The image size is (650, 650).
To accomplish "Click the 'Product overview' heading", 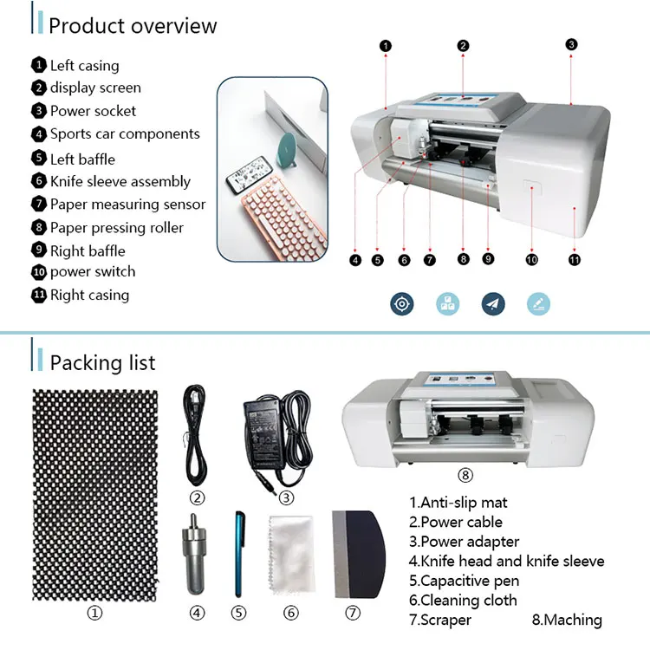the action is [133, 26].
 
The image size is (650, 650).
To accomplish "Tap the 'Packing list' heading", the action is [102, 363].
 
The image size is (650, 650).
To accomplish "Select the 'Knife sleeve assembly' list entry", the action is [120, 182].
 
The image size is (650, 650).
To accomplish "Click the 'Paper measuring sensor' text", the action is [127, 205].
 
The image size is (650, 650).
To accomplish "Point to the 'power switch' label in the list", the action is [93, 272].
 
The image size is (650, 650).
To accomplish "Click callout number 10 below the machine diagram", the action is [531, 260].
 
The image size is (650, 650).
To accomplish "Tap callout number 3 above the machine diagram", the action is [571, 44].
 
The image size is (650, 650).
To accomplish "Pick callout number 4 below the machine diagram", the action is [355, 260].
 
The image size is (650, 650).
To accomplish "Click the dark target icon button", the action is [401, 304].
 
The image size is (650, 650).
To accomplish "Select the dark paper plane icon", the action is [493, 304].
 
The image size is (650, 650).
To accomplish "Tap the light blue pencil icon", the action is [538, 304].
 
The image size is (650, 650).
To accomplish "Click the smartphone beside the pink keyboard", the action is [249, 174].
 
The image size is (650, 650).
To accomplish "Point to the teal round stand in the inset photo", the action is [289, 149].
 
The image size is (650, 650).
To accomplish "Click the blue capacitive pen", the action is [239, 554].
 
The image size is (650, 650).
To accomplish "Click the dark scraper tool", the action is [359, 555].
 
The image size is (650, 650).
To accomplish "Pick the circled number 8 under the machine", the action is [465, 475].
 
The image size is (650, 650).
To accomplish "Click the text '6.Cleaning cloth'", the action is [463, 601].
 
